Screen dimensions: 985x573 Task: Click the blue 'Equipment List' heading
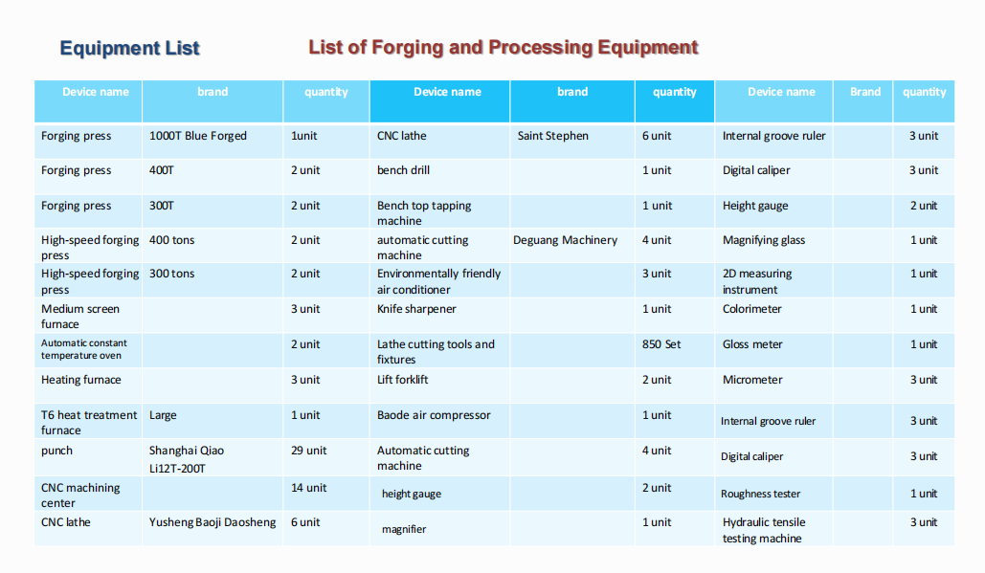point(129,49)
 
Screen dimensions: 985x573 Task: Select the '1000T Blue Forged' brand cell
point(198,136)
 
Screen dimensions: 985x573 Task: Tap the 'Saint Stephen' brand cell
point(553,136)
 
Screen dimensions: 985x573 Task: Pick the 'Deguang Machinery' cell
point(566,240)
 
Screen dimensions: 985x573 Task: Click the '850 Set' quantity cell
point(660,344)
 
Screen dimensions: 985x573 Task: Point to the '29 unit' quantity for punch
point(308,450)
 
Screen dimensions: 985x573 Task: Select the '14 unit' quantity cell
point(308,488)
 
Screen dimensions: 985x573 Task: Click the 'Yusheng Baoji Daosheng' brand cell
point(213,522)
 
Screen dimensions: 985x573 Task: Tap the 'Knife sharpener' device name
point(416,309)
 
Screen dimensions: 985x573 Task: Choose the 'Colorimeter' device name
point(752,309)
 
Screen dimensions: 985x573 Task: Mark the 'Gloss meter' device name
point(752,344)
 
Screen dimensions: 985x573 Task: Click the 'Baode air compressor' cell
point(434,415)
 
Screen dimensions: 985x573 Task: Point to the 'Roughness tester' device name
point(760,494)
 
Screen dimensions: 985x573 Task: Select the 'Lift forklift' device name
point(403,380)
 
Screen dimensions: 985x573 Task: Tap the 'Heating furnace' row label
point(81,380)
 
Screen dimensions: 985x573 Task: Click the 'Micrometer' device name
point(752,380)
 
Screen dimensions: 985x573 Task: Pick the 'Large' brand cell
point(163,415)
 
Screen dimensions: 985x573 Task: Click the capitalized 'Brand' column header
point(865,92)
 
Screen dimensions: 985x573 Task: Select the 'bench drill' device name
point(403,170)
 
